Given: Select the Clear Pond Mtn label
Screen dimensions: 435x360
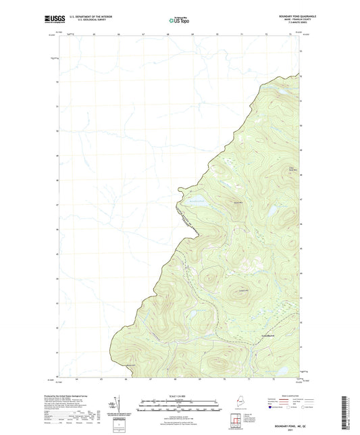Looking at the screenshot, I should click(x=292, y=168).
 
